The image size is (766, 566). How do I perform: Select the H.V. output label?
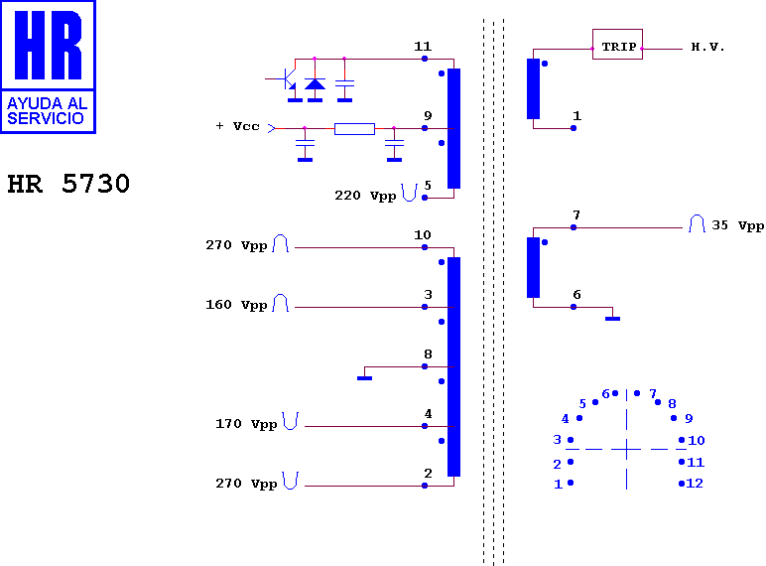(x=707, y=47)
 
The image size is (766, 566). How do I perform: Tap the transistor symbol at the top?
(x=289, y=79)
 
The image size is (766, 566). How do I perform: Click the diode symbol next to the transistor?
(x=315, y=84)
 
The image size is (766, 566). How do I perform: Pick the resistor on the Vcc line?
(x=354, y=128)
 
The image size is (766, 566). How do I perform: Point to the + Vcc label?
(x=237, y=126)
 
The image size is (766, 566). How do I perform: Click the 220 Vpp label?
(x=365, y=196)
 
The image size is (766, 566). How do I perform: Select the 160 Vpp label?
(x=236, y=305)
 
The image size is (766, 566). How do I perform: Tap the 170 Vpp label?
(x=246, y=424)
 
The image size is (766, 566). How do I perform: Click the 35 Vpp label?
(x=737, y=225)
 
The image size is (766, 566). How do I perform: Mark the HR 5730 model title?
(x=68, y=184)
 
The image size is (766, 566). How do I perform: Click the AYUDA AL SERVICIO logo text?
(x=47, y=111)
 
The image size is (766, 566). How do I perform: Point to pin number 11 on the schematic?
(x=423, y=47)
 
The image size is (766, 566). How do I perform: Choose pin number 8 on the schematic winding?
(x=428, y=354)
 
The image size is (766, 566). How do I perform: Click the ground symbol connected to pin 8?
(x=364, y=377)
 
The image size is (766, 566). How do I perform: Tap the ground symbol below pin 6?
(x=612, y=319)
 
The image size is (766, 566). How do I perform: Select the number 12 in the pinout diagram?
(x=695, y=484)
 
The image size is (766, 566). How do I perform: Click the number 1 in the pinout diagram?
(x=559, y=485)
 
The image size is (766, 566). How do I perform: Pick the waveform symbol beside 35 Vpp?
(x=697, y=223)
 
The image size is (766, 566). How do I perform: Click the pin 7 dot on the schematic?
(x=574, y=227)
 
